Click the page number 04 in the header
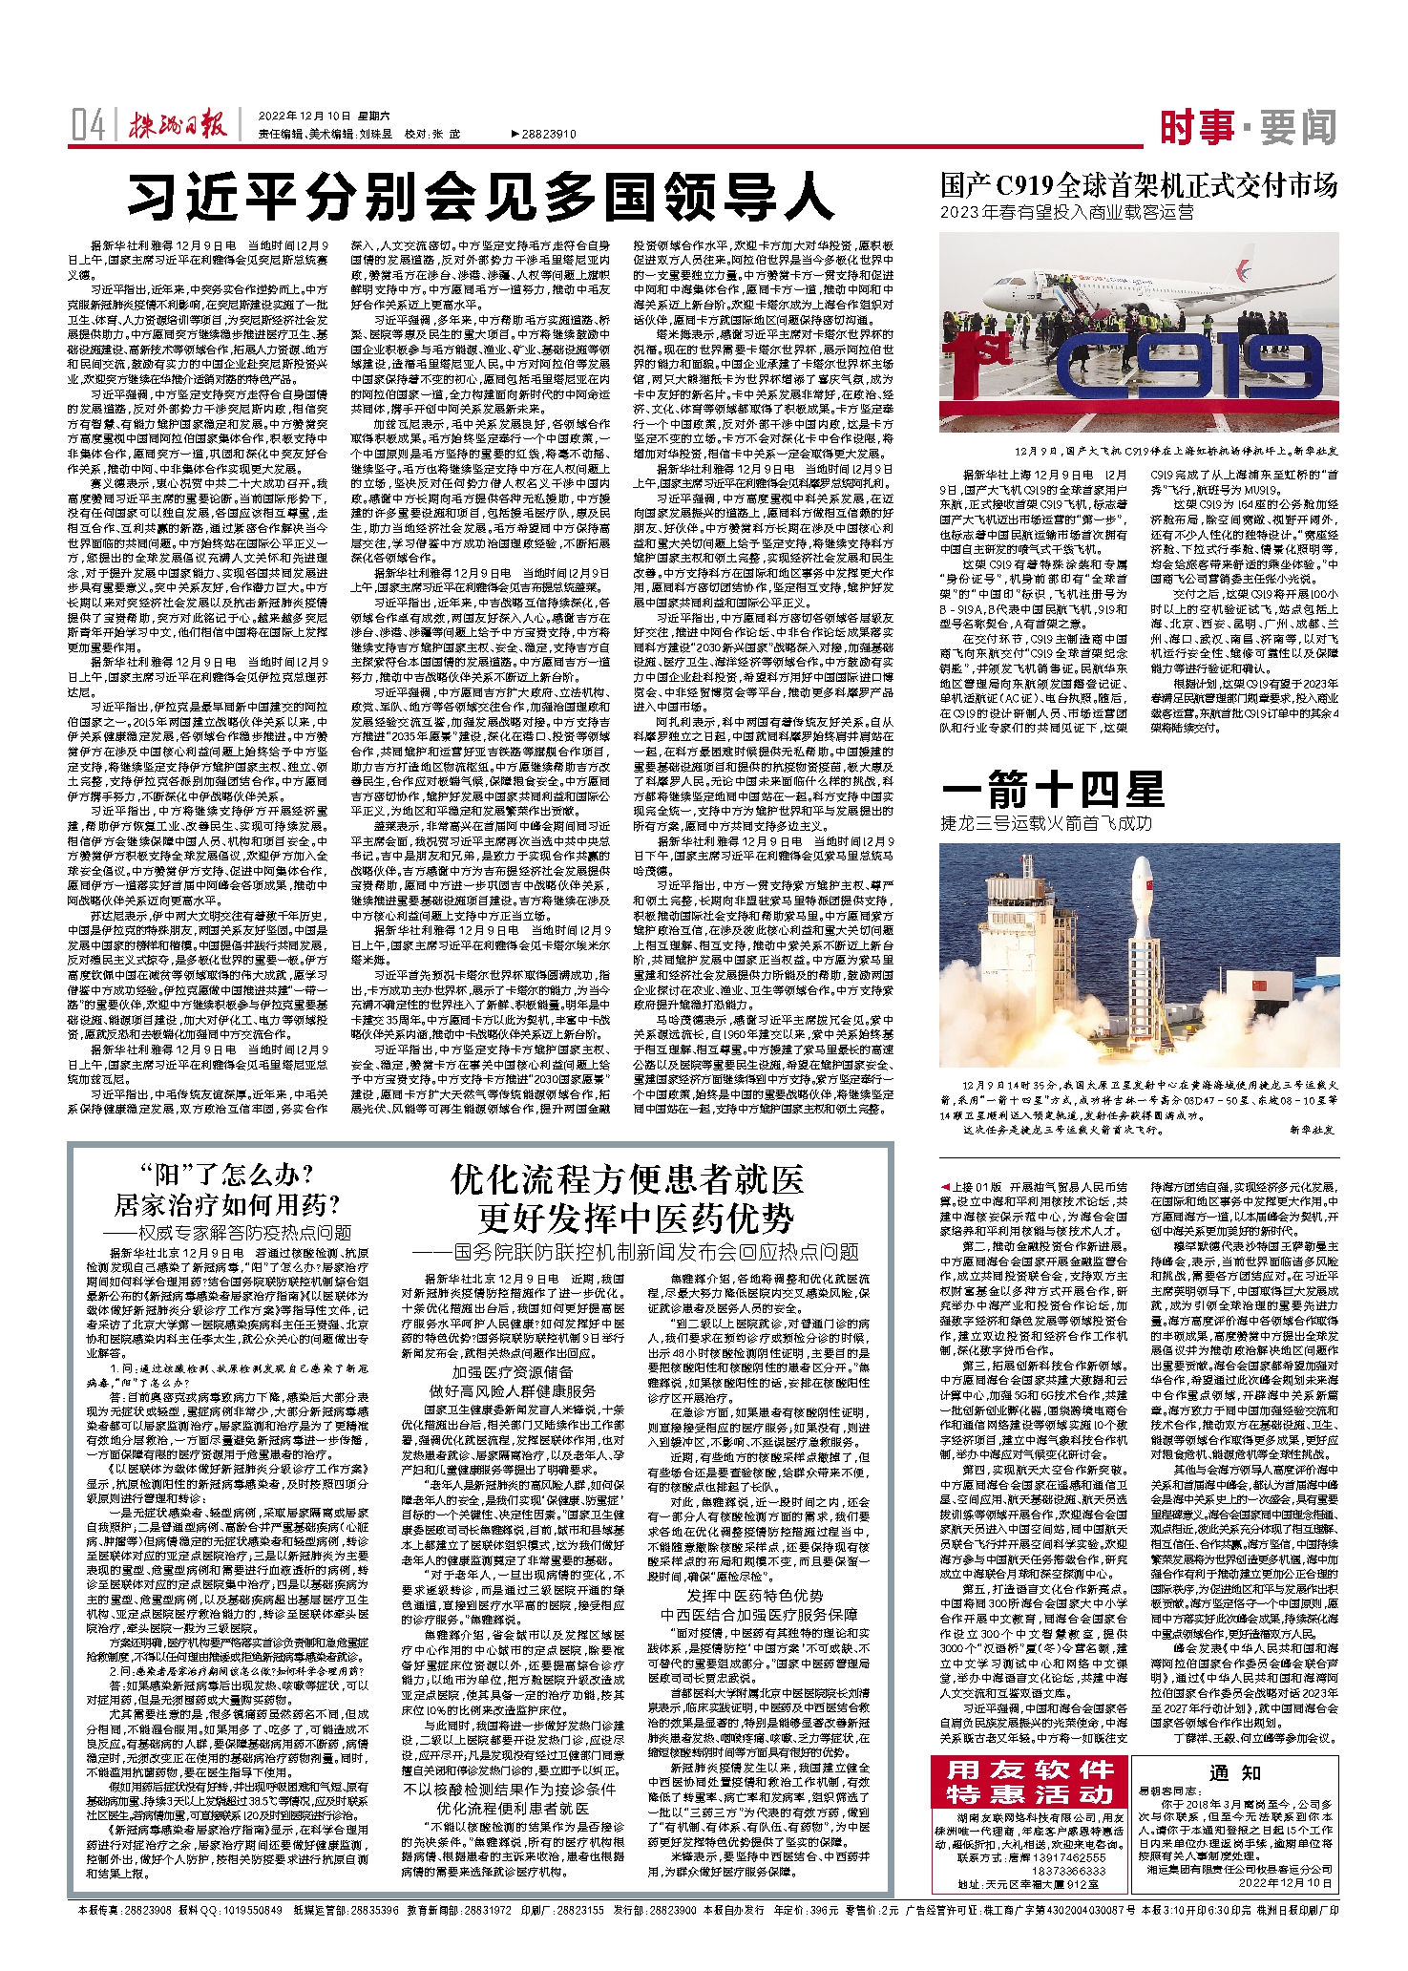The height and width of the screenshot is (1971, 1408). [x=88, y=126]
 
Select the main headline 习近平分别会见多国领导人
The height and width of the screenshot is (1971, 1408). [x=481, y=199]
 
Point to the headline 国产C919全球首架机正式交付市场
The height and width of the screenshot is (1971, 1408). [x=1139, y=185]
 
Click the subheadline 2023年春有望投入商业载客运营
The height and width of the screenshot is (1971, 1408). [x=1066, y=212]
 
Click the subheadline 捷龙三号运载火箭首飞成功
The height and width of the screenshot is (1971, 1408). [x=1046, y=822]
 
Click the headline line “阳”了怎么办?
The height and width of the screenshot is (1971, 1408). [x=226, y=1176]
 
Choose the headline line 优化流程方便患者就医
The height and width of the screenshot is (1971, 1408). [x=627, y=1182]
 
